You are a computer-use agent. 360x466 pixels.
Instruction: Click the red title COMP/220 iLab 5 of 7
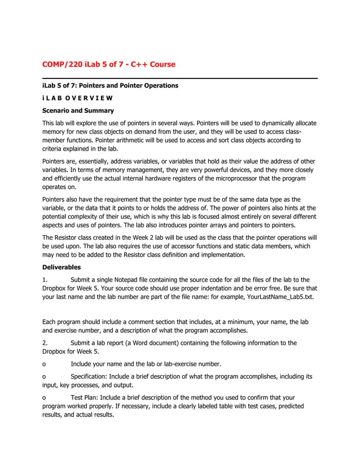tap(109, 64)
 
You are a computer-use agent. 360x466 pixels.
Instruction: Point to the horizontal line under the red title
tap(179, 78)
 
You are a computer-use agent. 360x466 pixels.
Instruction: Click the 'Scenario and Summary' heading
tap(78, 111)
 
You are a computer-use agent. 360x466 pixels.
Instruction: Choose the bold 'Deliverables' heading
tap(62, 267)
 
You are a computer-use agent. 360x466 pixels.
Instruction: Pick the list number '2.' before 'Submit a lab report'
tap(46, 342)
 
